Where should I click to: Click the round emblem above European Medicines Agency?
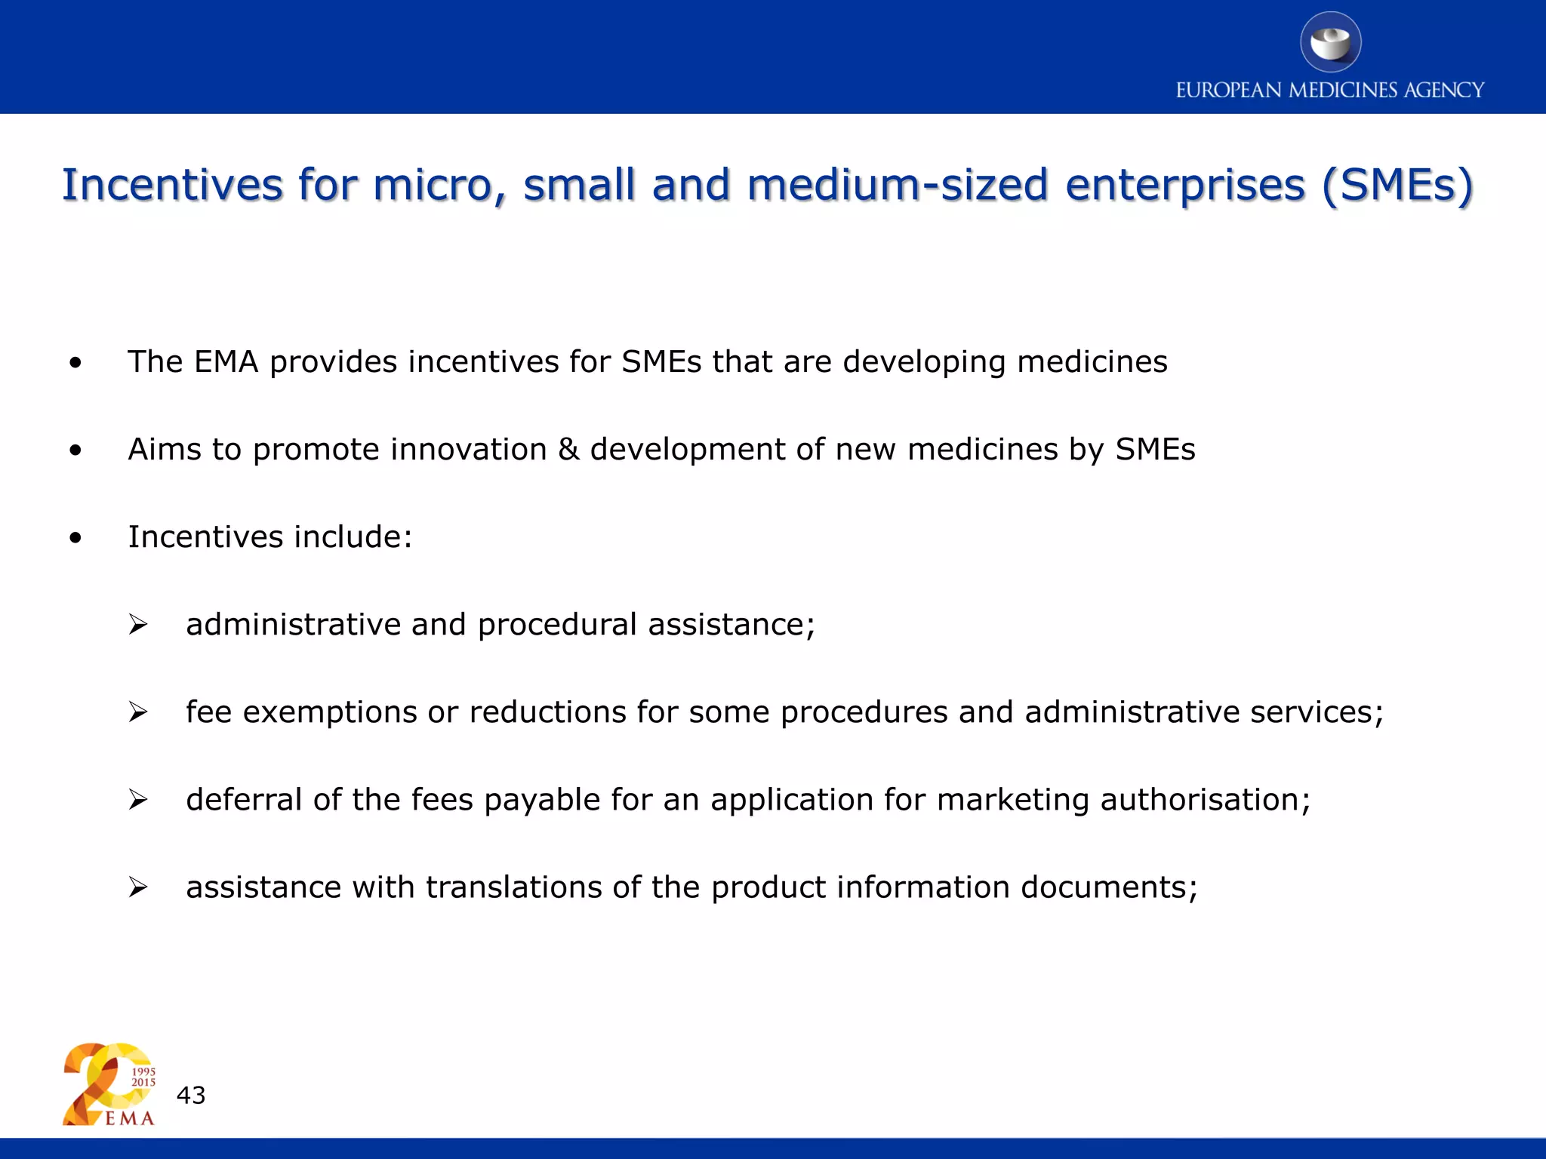(x=1330, y=42)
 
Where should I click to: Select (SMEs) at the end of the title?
(x=1397, y=185)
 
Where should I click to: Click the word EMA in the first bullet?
(x=226, y=362)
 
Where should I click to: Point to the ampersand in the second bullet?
(x=568, y=450)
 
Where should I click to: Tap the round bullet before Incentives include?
(x=75, y=538)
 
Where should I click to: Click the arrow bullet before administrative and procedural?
(x=137, y=625)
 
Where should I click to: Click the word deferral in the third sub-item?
(x=244, y=800)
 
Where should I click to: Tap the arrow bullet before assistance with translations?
(x=137, y=887)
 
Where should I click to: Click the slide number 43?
(x=191, y=1095)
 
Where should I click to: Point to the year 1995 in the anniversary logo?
(x=143, y=1071)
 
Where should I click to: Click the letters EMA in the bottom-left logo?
(x=129, y=1118)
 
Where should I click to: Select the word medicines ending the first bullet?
(x=1092, y=362)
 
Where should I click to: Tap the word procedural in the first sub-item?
(x=557, y=625)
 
